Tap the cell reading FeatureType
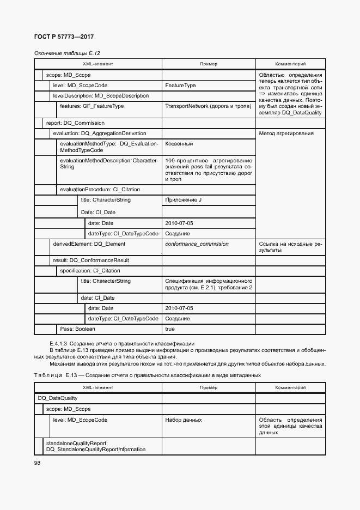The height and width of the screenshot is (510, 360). (x=180, y=86)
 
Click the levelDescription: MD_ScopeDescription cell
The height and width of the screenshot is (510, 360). (x=101, y=96)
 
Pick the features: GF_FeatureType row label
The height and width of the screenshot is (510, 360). (x=91, y=106)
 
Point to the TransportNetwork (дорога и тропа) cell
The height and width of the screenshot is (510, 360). (x=208, y=106)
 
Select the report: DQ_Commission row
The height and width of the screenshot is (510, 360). (x=75, y=123)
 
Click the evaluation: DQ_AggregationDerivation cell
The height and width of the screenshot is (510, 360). (x=99, y=133)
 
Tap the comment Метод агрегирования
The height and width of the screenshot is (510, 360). (x=286, y=133)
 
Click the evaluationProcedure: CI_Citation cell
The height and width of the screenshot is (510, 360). (x=100, y=190)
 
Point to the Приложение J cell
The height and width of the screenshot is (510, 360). (x=183, y=200)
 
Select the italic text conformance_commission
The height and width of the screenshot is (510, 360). (x=197, y=244)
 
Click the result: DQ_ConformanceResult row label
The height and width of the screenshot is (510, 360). (x=90, y=260)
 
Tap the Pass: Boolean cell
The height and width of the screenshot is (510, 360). (x=77, y=329)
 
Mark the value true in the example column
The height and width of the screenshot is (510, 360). (x=170, y=329)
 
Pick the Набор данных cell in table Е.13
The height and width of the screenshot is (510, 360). (x=183, y=420)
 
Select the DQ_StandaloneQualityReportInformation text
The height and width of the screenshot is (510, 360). (x=96, y=450)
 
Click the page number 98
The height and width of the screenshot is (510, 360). (x=38, y=463)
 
